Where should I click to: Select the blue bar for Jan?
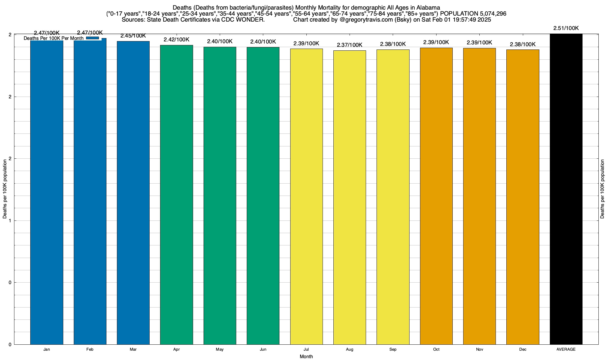pos(47,192)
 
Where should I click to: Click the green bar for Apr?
pos(177,195)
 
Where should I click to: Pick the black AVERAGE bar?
pos(566,189)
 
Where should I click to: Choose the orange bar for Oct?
pos(436,196)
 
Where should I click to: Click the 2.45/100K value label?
pos(133,36)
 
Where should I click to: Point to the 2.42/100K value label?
pos(177,40)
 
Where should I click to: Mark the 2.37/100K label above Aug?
pos(350,45)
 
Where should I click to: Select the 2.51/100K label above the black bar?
pos(566,28)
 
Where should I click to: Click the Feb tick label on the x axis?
pos(90,349)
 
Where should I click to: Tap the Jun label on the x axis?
pos(263,349)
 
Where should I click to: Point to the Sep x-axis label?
pos(393,349)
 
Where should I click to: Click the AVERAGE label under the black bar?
pos(566,349)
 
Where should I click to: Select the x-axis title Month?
pos(306,356)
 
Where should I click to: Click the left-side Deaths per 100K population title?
pos(5,189)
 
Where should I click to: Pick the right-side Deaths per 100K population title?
pos(602,189)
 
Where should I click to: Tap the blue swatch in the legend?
pos(92,38)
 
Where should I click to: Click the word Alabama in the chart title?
pos(428,7)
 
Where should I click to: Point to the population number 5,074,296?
pos(488,14)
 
